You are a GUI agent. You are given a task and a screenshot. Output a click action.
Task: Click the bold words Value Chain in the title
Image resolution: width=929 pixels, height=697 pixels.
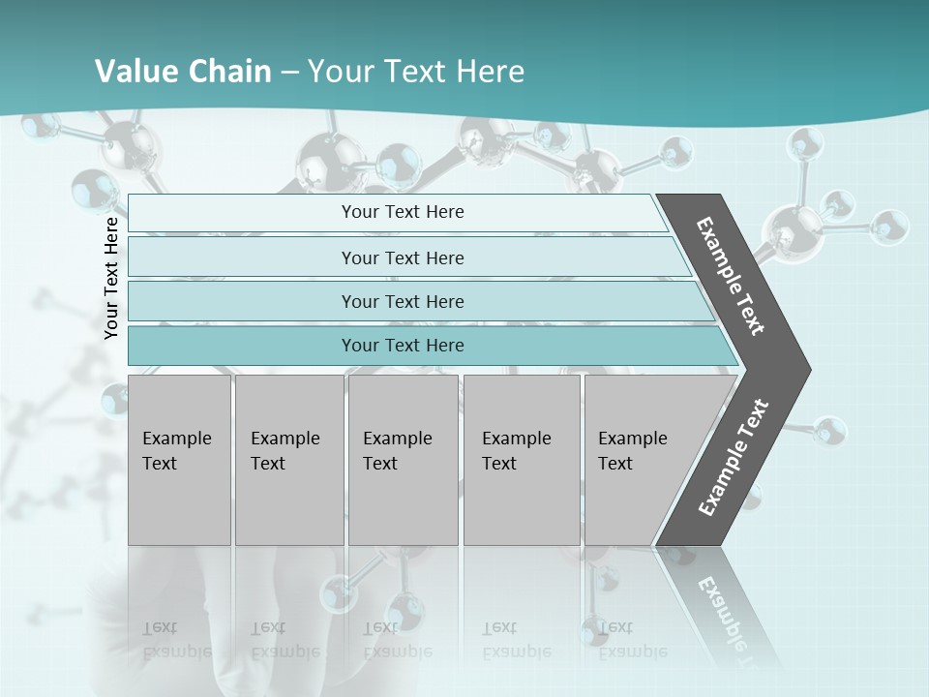[183, 72]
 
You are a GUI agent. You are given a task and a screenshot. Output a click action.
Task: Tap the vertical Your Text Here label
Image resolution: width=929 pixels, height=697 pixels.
[112, 278]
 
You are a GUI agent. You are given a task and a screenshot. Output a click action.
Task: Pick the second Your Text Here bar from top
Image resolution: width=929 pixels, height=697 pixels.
[403, 258]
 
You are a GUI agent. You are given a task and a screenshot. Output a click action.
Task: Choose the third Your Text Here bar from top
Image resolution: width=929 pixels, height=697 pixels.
[403, 301]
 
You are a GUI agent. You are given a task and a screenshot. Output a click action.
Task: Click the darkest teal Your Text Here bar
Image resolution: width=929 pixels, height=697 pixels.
[403, 346]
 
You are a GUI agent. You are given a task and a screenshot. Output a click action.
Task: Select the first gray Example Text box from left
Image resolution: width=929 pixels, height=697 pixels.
[179, 460]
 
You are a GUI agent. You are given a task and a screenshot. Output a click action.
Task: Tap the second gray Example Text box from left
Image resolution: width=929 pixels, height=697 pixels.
[288, 460]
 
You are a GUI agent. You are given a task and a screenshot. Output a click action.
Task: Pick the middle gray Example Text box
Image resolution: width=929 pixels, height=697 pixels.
[403, 460]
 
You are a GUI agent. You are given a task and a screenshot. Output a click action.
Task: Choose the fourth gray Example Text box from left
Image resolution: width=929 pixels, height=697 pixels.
[521, 460]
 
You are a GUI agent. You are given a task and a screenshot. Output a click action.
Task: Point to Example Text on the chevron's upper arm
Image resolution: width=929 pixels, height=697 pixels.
[731, 276]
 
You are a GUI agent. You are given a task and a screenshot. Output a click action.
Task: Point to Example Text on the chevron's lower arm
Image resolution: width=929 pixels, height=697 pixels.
[733, 458]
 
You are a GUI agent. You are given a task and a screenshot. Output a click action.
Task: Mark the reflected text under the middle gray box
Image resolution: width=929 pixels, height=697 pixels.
[397, 640]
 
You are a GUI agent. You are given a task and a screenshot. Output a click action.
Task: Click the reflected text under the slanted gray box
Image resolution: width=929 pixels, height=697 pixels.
[632, 640]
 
